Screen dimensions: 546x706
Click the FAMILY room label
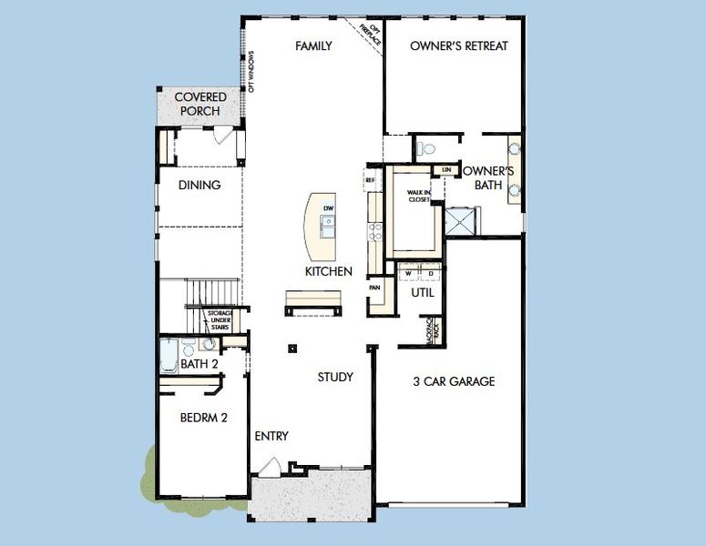point(312,45)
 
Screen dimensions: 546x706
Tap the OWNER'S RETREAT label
point(458,45)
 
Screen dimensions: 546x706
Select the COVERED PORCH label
point(200,104)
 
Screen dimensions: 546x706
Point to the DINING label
point(200,185)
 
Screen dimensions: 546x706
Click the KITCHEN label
point(328,271)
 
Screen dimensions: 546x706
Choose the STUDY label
point(335,377)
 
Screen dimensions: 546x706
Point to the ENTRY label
point(271,436)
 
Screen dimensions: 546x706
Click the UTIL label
point(423,293)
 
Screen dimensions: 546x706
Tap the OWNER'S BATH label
point(489,177)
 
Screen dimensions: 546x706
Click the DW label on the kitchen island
point(329,208)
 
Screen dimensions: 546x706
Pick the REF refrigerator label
point(370,180)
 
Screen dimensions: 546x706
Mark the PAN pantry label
point(374,287)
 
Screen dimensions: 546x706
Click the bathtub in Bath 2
point(169,355)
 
